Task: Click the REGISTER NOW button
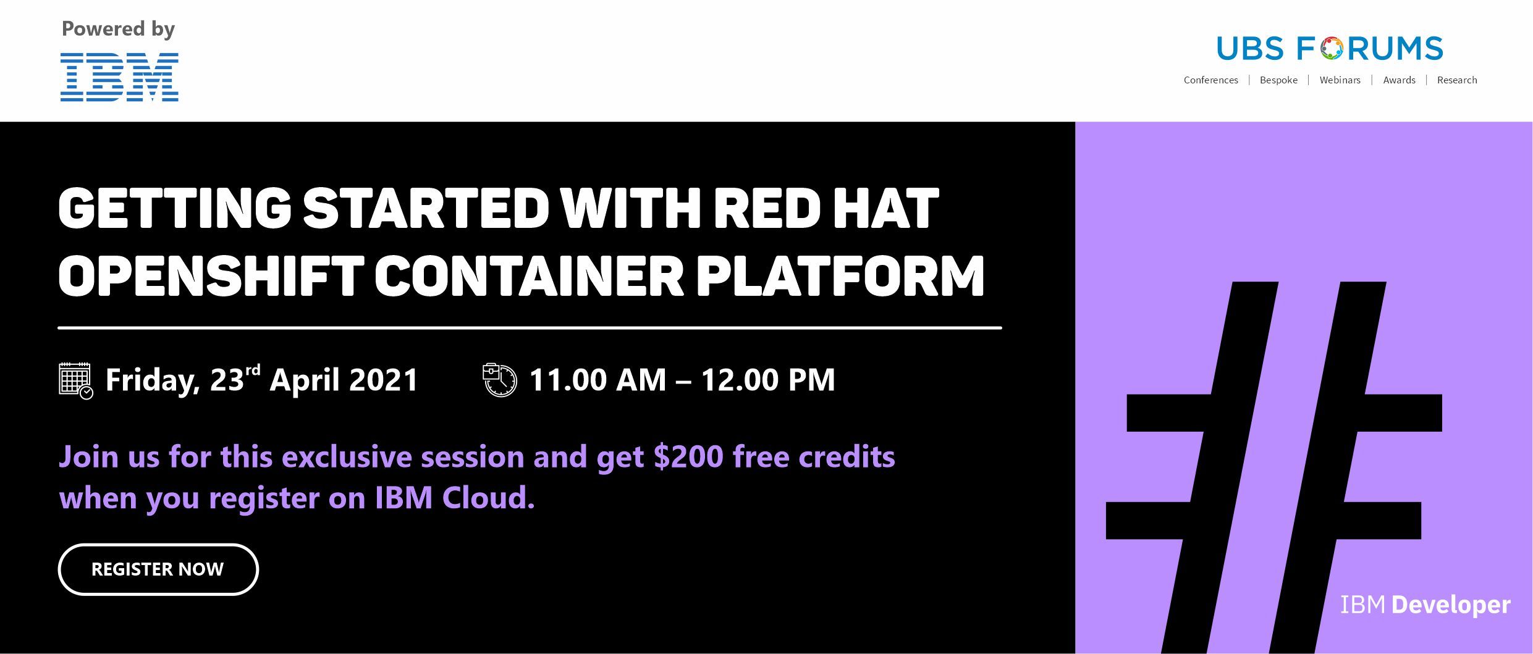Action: point(158,569)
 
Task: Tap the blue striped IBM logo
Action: point(119,77)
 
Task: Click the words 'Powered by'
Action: point(118,30)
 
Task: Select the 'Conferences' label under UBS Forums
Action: point(1210,80)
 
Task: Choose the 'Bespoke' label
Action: point(1278,80)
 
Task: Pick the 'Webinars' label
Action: point(1340,80)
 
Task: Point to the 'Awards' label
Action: point(1399,80)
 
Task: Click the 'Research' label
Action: point(1457,80)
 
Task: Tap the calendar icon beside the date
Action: point(76,380)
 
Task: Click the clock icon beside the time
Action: point(500,380)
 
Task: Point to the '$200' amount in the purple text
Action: point(688,457)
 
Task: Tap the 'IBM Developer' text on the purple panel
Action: point(1425,605)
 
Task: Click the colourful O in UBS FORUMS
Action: point(1333,49)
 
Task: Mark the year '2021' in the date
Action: point(384,380)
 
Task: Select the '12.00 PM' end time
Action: point(768,380)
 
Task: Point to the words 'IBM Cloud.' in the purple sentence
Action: point(455,498)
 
